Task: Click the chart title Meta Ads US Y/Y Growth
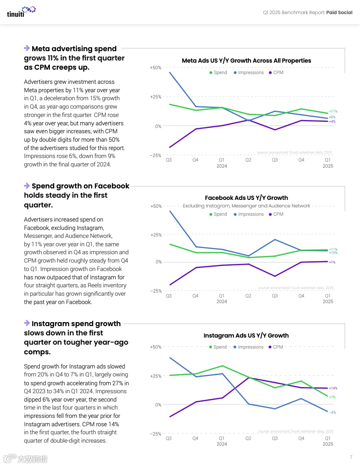click(246, 60)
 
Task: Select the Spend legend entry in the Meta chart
click(218, 72)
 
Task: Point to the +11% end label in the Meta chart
click(333, 111)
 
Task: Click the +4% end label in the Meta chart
click(332, 121)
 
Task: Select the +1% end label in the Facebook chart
click(332, 262)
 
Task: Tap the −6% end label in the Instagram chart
click(332, 413)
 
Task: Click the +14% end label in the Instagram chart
click(333, 388)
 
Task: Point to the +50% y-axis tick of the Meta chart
click(155, 68)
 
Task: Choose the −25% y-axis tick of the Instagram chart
click(155, 434)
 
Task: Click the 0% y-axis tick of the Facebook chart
click(158, 262)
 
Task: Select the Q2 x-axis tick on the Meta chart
click(248, 160)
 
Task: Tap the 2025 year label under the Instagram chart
click(328, 444)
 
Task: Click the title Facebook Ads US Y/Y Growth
click(246, 198)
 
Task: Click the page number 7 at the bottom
click(351, 457)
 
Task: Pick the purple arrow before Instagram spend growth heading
click(27, 323)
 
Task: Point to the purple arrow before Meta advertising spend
click(27, 48)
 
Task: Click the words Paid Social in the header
click(339, 12)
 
